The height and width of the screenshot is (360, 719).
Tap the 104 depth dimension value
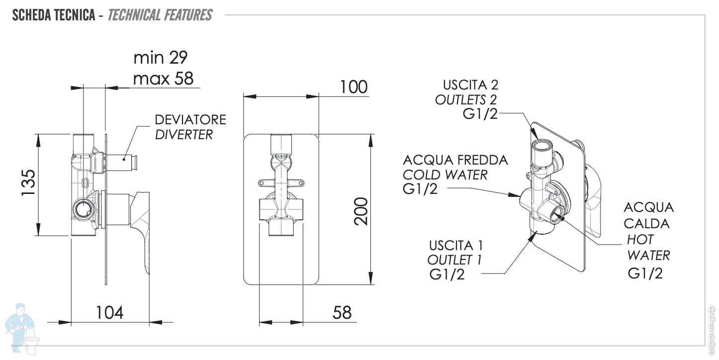tap(109, 312)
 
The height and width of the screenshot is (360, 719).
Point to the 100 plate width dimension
tap(354, 87)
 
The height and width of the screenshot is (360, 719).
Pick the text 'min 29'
tap(160, 58)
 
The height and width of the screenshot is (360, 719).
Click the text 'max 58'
tap(163, 78)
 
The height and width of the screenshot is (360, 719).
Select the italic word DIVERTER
tap(184, 134)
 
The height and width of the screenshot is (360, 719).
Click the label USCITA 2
tap(470, 85)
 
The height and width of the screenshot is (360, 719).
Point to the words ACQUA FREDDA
tap(455, 160)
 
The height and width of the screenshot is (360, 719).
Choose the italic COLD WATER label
tap(445, 175)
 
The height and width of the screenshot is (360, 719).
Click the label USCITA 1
tap(456, 245)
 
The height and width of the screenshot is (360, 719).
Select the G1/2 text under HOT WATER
tap(645, 273)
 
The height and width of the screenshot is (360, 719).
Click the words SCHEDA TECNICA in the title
tap(53, 15)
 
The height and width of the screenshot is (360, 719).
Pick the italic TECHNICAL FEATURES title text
tap(160, 15)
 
